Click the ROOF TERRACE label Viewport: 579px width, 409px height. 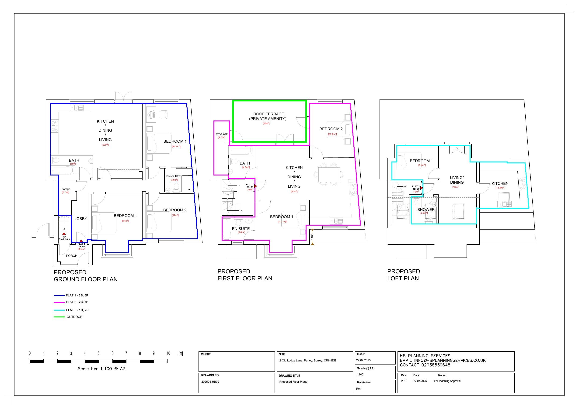[x=269, y=114]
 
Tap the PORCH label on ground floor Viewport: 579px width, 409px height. [x=72, y=256]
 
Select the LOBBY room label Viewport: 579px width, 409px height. [x=81, y=219]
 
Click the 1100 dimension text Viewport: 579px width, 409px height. [x=312, y=237]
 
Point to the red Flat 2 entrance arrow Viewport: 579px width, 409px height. [x=255, y=186]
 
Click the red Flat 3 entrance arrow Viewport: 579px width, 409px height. [x=422, y=188]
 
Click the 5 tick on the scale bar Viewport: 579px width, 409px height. [x=99, y=353]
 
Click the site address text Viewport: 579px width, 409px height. [x=307, y=360]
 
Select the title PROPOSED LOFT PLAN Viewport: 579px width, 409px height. [x=404, y=275]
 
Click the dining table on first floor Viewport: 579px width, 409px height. [x=329, y=174]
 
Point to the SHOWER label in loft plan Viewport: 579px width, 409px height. [x=426, y=210]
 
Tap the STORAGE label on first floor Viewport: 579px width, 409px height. [x=221, y=134]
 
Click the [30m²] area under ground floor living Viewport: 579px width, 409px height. [x=105, y=145]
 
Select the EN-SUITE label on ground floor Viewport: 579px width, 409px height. [x=173, y=176]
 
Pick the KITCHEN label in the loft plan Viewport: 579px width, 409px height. [x=500, y=184]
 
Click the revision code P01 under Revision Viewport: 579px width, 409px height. [x=359, y=388]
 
